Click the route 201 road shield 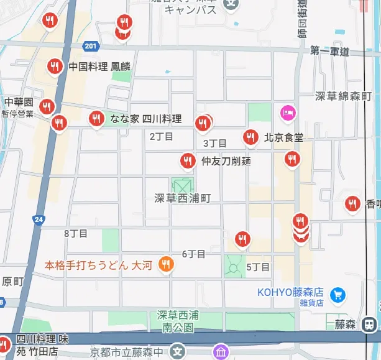(x=91, y=47)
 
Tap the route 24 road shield (x=39, y=219)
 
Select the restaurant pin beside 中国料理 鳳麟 (x=55, y=66)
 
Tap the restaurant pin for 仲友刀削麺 (x=187, y=161)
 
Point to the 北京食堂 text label (x=283, y=137)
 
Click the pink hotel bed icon (x=288, y=113)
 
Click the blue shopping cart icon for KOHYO (x=338, y=293)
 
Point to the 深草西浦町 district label (x=183, y=198)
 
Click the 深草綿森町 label (x=342, y=96)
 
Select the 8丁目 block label (x=76, y=234)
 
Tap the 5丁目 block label (x=258, y=267)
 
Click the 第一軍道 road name (x=330, y=51)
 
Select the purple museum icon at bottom (x=220, y=353)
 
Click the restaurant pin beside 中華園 (x=47, y=107)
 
